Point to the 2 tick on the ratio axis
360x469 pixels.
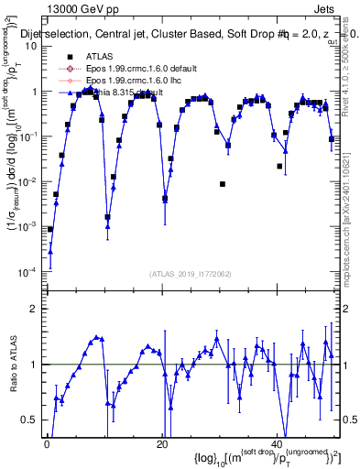click(x=34, y=309)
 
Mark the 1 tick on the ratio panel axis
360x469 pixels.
click(x=34, y=365)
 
